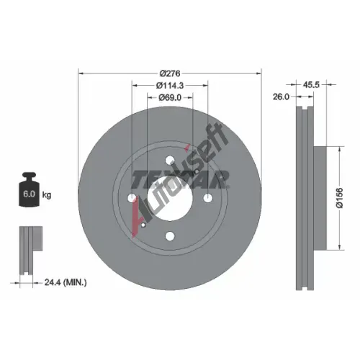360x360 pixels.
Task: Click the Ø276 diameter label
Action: [170, 73]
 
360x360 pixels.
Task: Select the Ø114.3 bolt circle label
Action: [170, 85]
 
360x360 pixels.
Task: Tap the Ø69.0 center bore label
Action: [170, 97]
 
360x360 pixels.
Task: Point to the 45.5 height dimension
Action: [311, 84]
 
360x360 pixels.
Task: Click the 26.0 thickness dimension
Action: [281, 96]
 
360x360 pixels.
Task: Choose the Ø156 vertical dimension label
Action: [340, 198]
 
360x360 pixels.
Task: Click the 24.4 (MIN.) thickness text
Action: [66, 282]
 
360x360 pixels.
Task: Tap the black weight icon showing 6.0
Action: [29, 189]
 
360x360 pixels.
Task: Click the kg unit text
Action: [47, 195]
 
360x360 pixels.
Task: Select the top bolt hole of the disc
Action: [170, 160]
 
